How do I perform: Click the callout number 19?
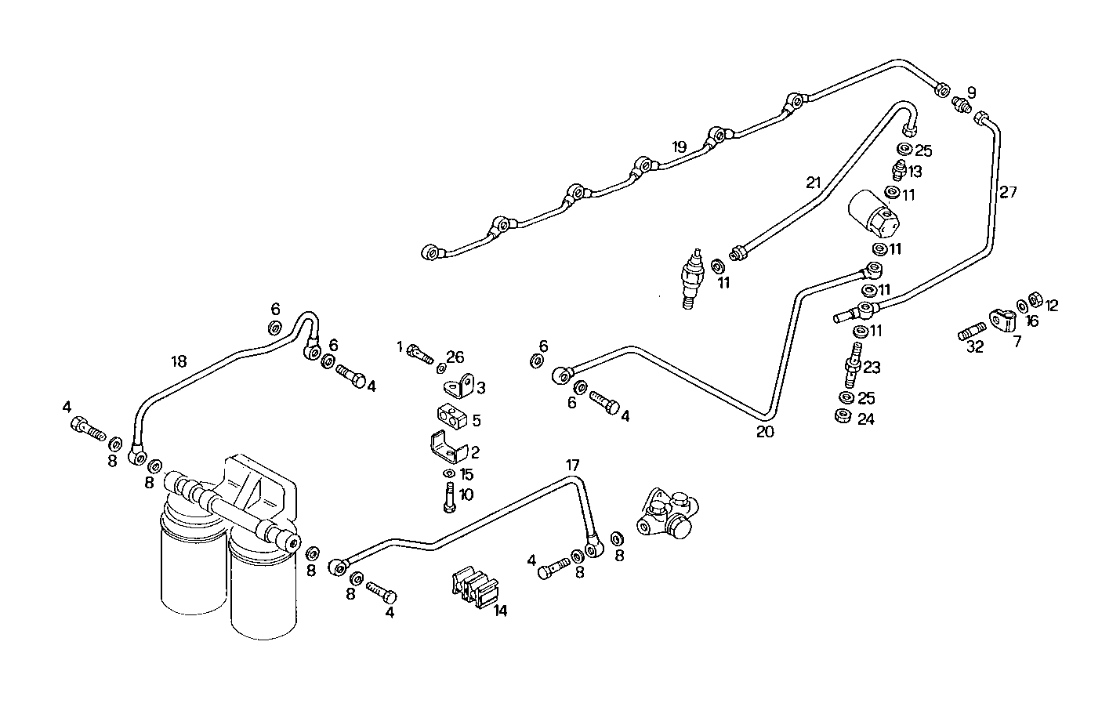[x=679, y=147]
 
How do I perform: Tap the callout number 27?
[x=1008, y=191]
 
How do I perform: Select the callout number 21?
[x=813, y=183]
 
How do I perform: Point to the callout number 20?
[x=765, y=430]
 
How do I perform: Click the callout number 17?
[x=574, y=464]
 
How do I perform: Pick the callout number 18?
[x=179, y=361]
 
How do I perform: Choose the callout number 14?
[x=500, y=611]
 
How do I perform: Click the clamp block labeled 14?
[x=475, y=587]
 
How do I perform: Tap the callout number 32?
[x=974, y=346]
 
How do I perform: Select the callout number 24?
[x=865, y=419]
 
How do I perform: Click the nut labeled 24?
[x=844, y=415]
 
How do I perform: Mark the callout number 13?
[x=915, y=172]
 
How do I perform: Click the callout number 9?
[x=971, y=92]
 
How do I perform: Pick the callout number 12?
[x=1051, y=306]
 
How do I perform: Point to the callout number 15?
[x=466, y=474]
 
